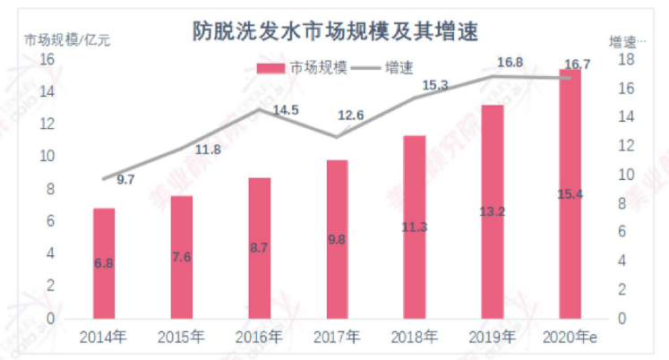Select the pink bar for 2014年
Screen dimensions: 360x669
(104, 264)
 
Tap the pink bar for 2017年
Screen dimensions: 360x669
(337, 239)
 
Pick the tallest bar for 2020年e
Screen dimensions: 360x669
(570, 193)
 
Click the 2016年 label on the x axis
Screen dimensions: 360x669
(259, 338)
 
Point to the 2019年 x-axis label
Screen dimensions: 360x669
(492, 338)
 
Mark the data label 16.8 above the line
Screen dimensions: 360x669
(510, 62)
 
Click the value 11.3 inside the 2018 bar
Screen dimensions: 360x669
(414, 227)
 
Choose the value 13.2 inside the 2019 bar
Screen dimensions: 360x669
(492, 211)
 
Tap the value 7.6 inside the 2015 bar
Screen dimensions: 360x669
(181, 257)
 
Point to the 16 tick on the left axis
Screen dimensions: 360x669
(47, 59)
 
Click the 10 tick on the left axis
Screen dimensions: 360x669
(47, 157)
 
